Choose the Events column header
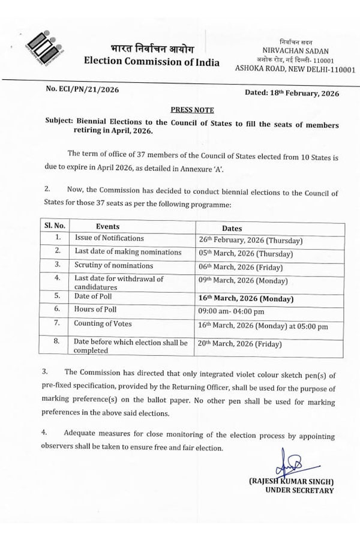click(x=107, y=227)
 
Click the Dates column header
click(x=232, y=229)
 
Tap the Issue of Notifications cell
click(x=105, y=239)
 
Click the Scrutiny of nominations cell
click(x=113, y=265)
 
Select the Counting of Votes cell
click(x=103, y=323)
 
